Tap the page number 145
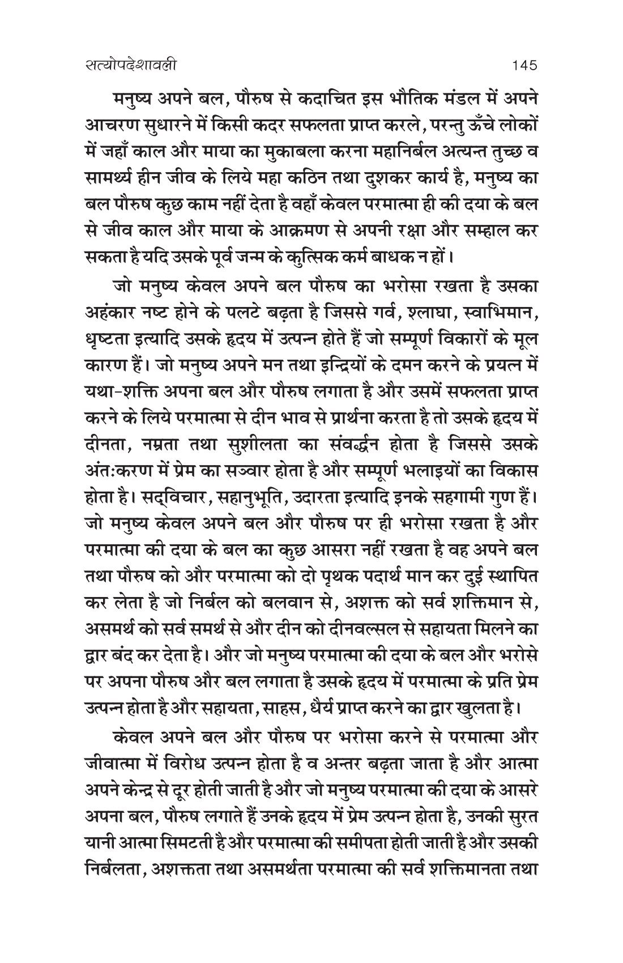coord(523,66)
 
